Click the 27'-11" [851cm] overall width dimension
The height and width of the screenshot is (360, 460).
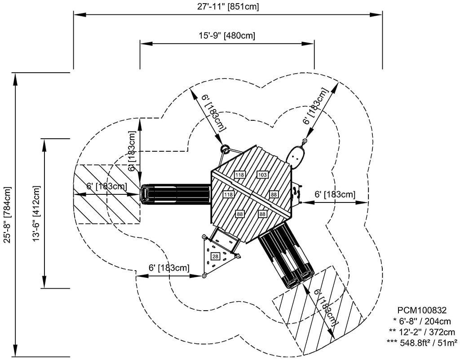(228, 7)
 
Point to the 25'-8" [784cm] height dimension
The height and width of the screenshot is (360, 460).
(7, 215)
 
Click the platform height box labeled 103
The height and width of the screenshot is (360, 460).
(262, 175)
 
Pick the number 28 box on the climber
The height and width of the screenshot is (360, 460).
(216, 257)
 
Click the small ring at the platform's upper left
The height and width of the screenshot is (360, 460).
(225, 149)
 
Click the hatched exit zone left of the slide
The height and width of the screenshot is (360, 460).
(107, 194)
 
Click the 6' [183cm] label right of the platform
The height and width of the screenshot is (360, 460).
(335, 195)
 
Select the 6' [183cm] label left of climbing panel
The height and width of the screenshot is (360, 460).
(168, 268)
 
